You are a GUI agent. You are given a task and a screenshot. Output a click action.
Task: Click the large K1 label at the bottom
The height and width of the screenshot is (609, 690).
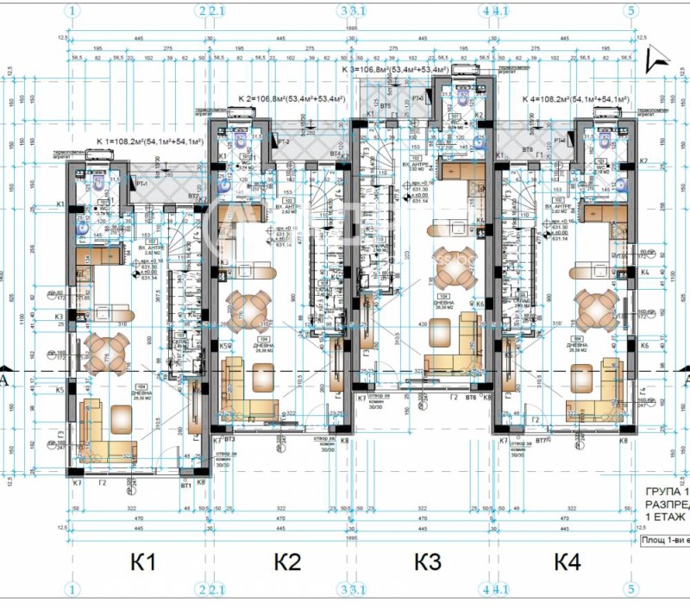click(x=143, y=563)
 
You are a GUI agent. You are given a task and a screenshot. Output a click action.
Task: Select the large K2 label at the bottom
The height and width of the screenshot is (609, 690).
click(x=287, y=563)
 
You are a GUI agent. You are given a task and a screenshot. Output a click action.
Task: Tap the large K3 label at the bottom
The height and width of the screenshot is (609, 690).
click(x=428, y=563)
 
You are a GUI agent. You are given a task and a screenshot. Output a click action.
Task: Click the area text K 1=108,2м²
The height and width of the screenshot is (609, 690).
click(x=149, y=141)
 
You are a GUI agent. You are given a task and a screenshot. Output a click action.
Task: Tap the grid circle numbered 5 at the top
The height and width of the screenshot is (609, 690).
click(x=633, y=11)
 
